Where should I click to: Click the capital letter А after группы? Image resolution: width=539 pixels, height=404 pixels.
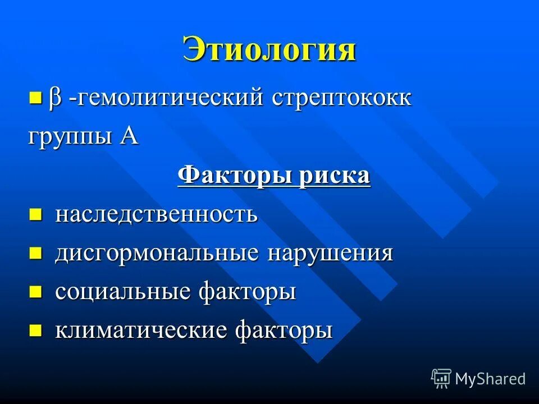pos(129,136)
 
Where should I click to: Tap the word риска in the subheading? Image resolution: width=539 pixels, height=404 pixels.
pos(335,176)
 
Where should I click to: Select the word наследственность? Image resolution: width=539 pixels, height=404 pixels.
pos(156,214)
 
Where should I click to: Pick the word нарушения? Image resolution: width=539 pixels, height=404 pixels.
pos(330,253)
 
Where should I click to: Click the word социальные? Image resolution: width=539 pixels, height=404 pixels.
pos(123,292)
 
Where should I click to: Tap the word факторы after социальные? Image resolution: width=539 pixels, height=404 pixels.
pos(247,292)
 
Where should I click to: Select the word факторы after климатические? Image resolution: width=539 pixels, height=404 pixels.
pos(283,330)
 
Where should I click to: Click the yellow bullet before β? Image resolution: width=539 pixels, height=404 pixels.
pos(35,99)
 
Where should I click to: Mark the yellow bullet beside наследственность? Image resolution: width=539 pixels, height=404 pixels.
pos(35,214)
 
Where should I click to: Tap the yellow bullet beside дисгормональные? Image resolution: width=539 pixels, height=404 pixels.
pos(35,253)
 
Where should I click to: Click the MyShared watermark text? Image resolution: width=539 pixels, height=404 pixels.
pos(490,379)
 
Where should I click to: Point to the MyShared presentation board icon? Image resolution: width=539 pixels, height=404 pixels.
pos(441,378)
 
